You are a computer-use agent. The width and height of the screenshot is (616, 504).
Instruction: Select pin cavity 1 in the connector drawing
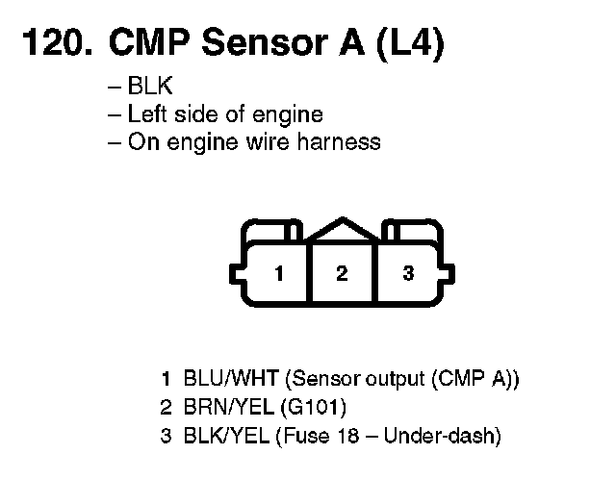(x=279, y=274)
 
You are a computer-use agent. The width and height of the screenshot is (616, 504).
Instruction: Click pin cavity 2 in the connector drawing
(x=342, y=274)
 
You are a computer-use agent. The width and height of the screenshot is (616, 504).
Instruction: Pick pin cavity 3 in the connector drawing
(x=408, y=274)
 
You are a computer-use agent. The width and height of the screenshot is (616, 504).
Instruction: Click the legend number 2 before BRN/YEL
(x=166, y=407)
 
